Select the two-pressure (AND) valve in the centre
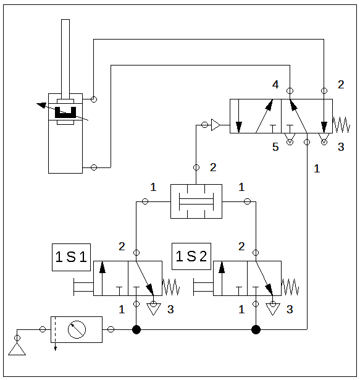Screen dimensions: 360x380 click(x=196, y=201)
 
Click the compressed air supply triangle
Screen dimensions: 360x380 click(x=17, y=349)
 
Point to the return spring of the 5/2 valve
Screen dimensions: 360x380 click(x=341, y=125)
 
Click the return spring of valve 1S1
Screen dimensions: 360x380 click(x=171, y=287)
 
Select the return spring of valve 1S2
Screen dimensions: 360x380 click(x=290, y=287)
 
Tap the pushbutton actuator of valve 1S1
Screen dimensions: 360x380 click(x=83, y=287)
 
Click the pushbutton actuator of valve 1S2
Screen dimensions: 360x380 click(x=203, y=287)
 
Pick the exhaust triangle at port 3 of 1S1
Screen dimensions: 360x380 click(x=154, y=309)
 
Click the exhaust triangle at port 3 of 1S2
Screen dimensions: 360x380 click(x=273, y=309)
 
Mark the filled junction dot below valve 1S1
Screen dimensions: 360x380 click(x=136, y=329)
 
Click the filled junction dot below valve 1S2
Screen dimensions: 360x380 click(x=256, y=329)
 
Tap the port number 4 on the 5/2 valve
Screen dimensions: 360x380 click(x=275, y=84)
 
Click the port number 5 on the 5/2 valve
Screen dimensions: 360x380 click(x=275, y=147)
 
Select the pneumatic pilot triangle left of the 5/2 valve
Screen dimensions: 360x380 click(x=216, y=125)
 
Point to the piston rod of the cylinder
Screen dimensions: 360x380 click(x=65, y=59)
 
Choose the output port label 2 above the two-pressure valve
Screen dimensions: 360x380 click(x=213, y=167)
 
